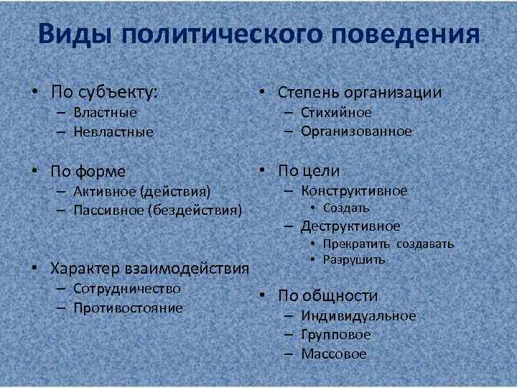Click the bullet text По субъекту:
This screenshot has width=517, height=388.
click(x=105, y=93)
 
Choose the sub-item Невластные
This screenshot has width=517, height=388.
click(x=113, y=132)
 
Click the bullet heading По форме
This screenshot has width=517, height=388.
click(x=88, y=172)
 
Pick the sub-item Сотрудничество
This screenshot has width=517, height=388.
click(x=127, y=288)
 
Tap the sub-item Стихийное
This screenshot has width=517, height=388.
click(x=337, y=112)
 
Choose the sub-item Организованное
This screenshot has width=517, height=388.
click(x=357, y=131)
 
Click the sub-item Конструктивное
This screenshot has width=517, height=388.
click(x=354, y=190)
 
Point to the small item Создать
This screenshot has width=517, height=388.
click(x=346, y=208)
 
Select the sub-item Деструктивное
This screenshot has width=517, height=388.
click(x=351, y=227)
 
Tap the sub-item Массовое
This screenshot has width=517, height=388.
click(x=334, y=354)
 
